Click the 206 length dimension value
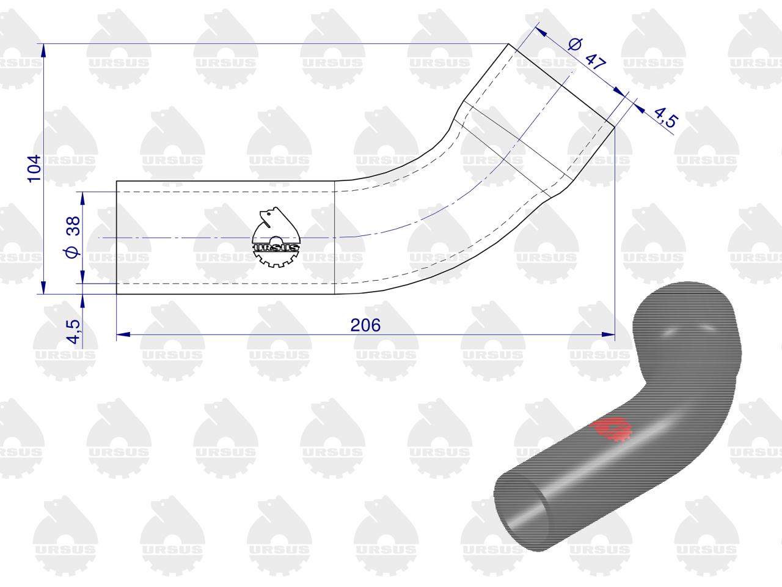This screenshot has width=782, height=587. (365, 325)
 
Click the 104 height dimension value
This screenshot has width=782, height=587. (35, 169)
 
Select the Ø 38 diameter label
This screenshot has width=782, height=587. (72, 237)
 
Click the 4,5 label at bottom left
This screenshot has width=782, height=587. (75, 331)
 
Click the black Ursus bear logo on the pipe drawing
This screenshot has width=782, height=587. (276, 237)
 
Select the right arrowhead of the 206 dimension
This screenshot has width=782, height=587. (608, 334)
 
